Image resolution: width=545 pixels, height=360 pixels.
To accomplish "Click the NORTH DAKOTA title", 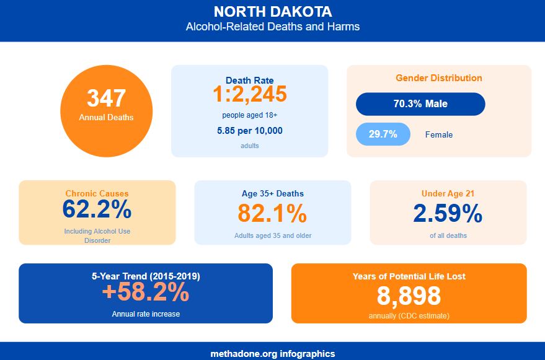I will (x=272, y=12).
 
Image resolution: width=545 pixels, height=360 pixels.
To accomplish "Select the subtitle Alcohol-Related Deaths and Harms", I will (x=272, y=27).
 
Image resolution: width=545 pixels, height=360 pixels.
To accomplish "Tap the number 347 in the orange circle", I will (x=106, y=99).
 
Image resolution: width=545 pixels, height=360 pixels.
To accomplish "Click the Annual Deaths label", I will (x=106, y=117).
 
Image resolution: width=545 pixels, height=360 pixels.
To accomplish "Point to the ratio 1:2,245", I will (x=249, y=94).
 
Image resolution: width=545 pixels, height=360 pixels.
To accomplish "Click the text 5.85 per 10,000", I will (x=249, y=131).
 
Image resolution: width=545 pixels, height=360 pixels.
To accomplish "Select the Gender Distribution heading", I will (x=438, y=78).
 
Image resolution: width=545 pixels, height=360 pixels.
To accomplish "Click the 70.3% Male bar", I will (x=420, y=104).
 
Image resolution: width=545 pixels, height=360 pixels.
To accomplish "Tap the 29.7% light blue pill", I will (x=383, y=134).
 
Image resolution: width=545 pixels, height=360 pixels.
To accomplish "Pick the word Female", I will (x=438, y=135).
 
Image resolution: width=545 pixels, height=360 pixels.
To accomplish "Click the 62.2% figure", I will (x=97, y=210).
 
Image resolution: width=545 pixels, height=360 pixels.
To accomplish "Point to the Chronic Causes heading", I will (x=97, y=193).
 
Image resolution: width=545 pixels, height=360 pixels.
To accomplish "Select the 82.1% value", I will (x=272, y=213).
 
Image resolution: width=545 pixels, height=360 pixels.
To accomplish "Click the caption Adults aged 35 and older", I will (x=272, y=235).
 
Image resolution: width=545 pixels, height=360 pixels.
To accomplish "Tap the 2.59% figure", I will (x=448, y=214).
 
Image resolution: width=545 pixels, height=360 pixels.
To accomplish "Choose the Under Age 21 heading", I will (x=448, y=194).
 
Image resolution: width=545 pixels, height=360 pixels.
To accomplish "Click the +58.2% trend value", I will (x=145, y=292).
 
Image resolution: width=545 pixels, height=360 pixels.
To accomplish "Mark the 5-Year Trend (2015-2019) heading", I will (x=145, y=276).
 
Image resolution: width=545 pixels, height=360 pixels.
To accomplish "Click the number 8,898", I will (x=409, y=296).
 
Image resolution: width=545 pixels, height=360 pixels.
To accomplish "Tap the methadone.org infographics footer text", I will (x=272, y=354).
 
